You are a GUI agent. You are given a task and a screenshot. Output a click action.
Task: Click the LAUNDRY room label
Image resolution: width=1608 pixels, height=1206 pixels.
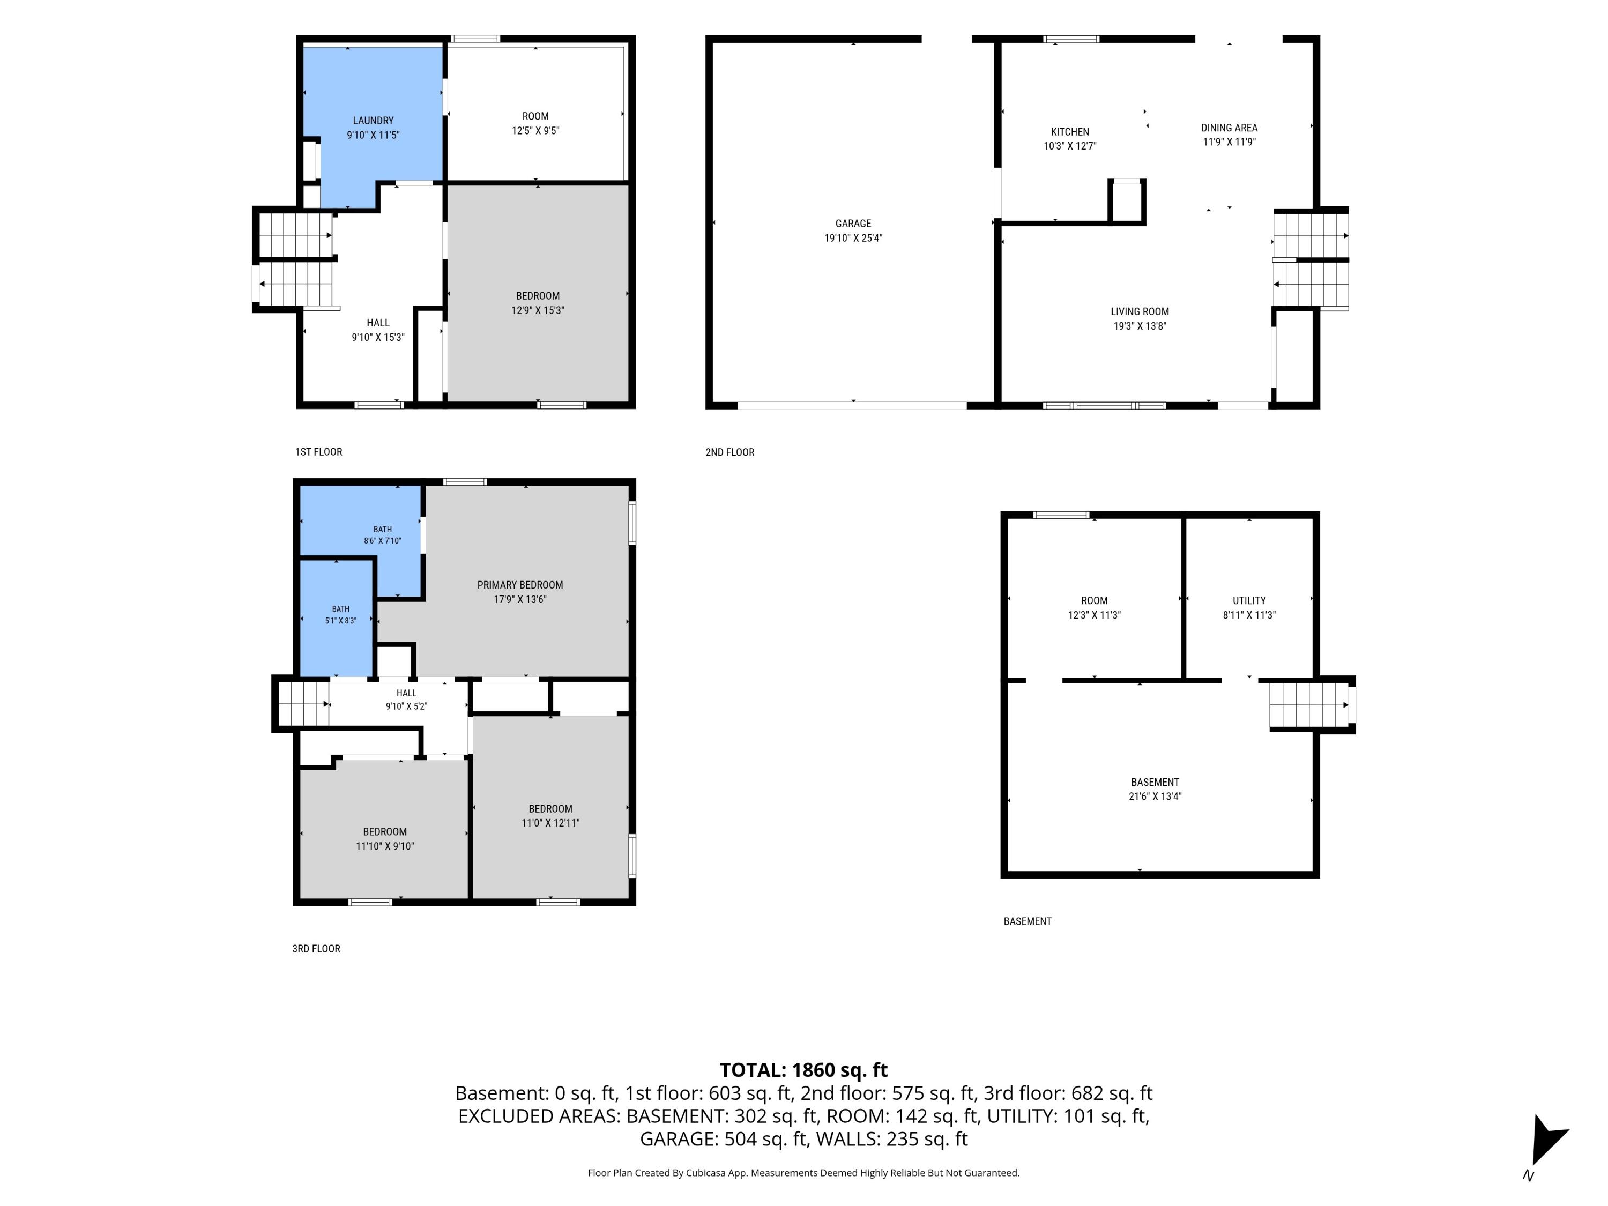point(373,121)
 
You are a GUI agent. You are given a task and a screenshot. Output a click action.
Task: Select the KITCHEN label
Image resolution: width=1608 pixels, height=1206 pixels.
point(1069,131)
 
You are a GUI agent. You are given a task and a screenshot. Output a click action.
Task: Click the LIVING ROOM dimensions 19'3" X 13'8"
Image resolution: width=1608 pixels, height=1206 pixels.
point(1139,326)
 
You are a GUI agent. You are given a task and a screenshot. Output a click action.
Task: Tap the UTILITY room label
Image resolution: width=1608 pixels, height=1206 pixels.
point(1249,600)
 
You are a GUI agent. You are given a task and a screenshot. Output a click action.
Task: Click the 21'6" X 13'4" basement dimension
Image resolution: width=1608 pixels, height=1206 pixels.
point(1155,796)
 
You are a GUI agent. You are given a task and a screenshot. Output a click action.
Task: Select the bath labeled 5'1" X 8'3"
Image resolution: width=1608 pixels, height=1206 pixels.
point(340,615)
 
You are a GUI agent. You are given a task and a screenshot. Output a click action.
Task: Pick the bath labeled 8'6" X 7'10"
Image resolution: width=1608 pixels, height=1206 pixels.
point(382,535)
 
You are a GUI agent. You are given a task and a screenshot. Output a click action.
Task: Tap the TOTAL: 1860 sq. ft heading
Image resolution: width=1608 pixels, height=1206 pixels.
point(803,1070)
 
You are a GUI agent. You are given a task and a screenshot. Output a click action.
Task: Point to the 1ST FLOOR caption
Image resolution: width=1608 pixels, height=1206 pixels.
point(318,451)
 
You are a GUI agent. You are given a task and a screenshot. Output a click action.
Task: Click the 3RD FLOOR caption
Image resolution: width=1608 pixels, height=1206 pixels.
point(316,949)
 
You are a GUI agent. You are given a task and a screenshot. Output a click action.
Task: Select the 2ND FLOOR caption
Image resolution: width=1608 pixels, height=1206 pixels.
point(730,452)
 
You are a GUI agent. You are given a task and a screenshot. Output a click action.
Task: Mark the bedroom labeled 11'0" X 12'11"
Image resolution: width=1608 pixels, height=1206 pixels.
point(550,816)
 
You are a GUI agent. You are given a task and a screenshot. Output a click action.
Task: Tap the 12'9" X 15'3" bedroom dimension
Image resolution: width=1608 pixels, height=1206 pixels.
point(537,310)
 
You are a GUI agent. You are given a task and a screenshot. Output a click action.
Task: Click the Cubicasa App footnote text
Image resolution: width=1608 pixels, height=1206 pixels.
point(803,1173)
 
